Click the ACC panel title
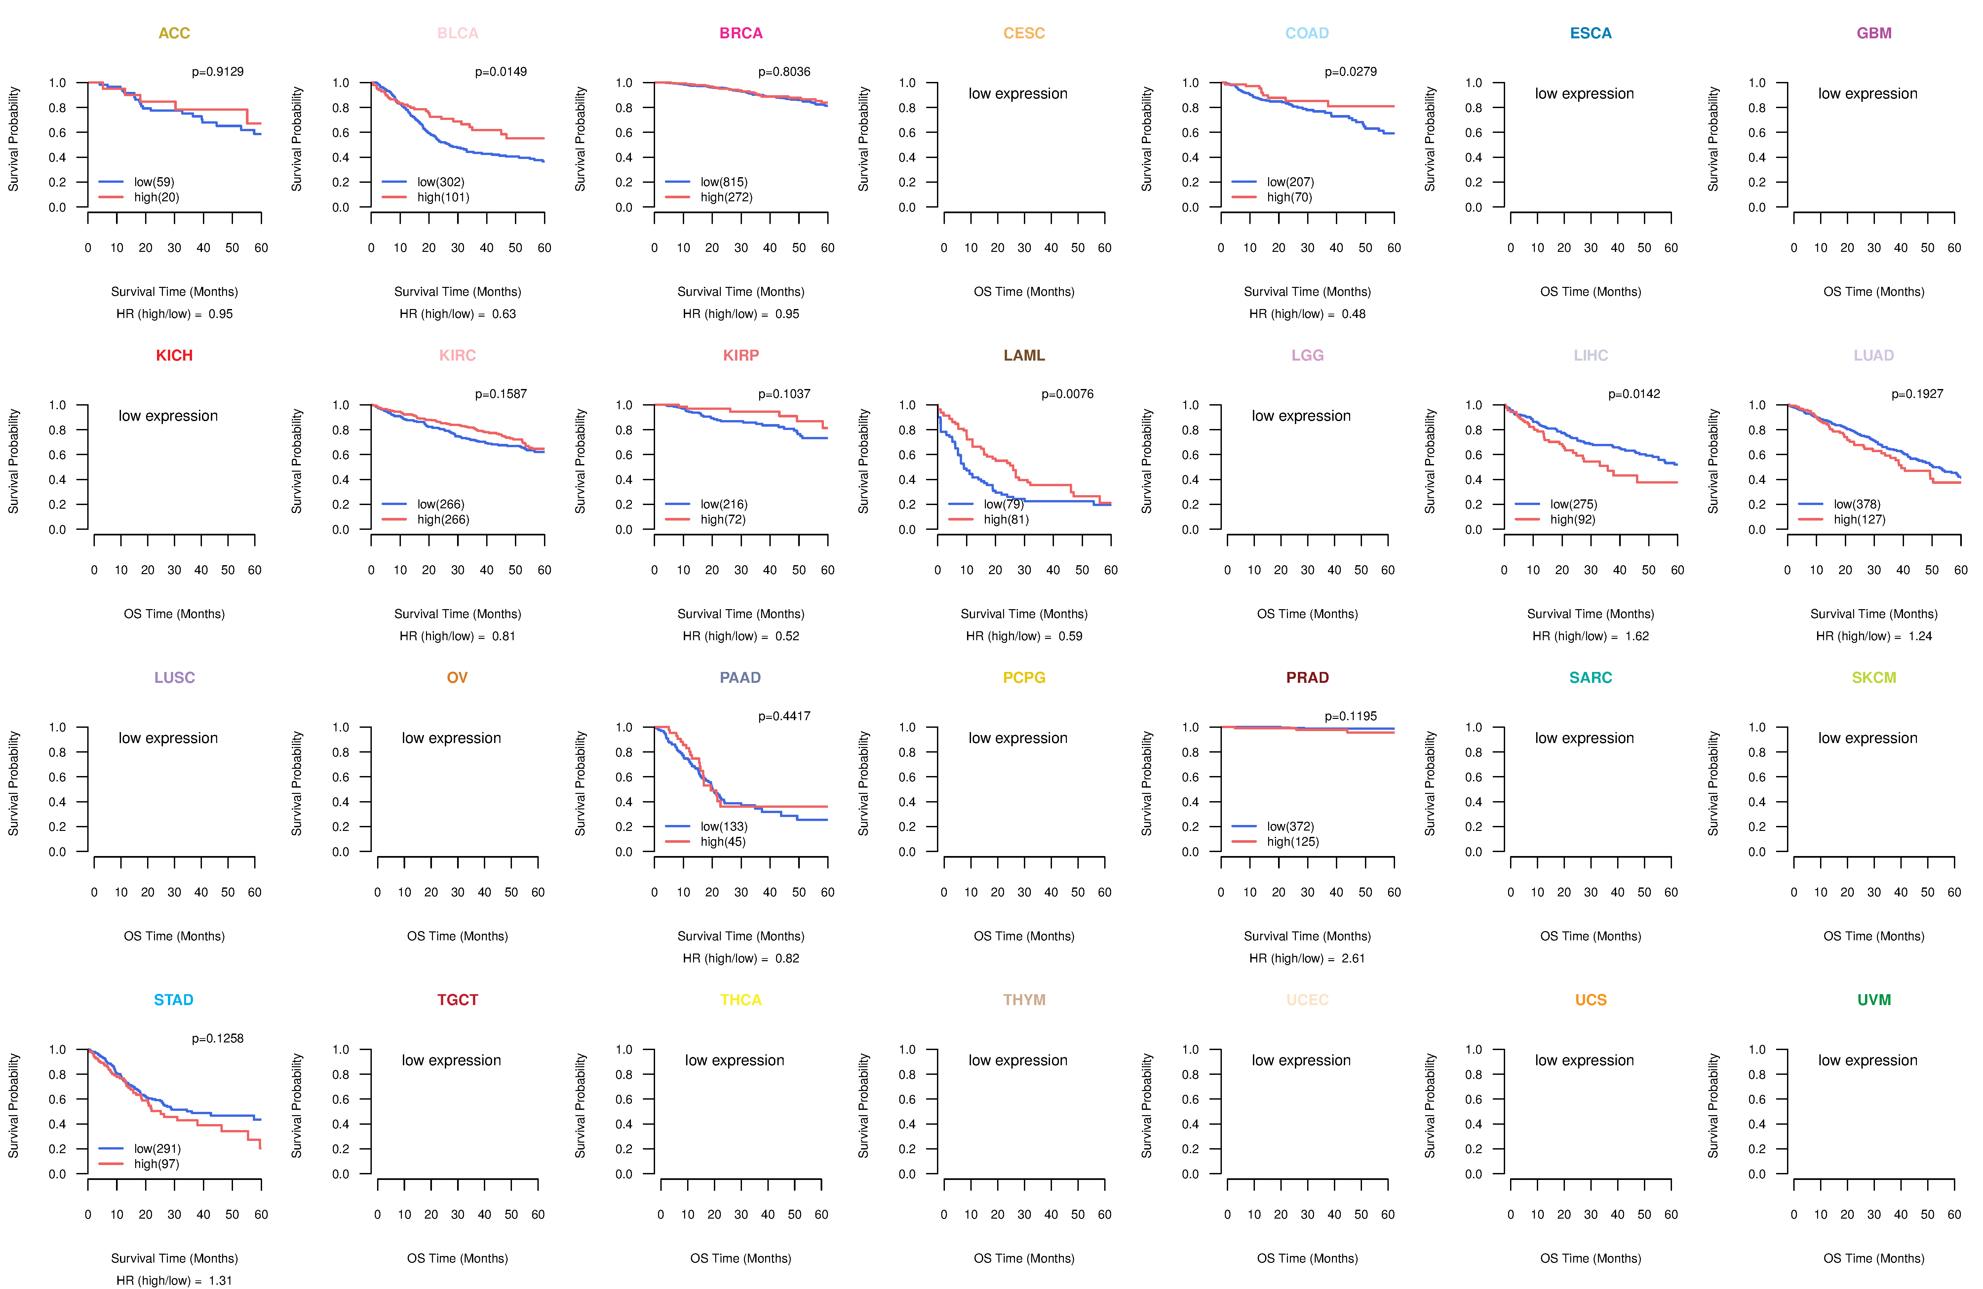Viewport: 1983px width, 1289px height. pos(174,33)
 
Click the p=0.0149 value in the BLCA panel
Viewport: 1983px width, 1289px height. pos(501,72)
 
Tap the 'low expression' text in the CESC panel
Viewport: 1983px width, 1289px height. pos(1017,93)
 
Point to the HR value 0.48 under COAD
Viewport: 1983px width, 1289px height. pos(1353,314)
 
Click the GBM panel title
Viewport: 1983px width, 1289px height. pos(1874,33)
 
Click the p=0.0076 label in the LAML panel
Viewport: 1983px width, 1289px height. pos(1067,394)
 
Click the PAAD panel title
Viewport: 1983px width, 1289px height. pos(741,678)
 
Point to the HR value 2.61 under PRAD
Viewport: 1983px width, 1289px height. pos(1353,959)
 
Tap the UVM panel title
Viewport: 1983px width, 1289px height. pos(1874,1000)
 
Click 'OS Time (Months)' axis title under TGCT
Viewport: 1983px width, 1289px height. pos(457,1258)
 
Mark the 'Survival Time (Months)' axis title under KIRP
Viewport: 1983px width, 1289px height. pos(741,614)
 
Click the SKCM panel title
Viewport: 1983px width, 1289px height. pos(1874,678)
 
